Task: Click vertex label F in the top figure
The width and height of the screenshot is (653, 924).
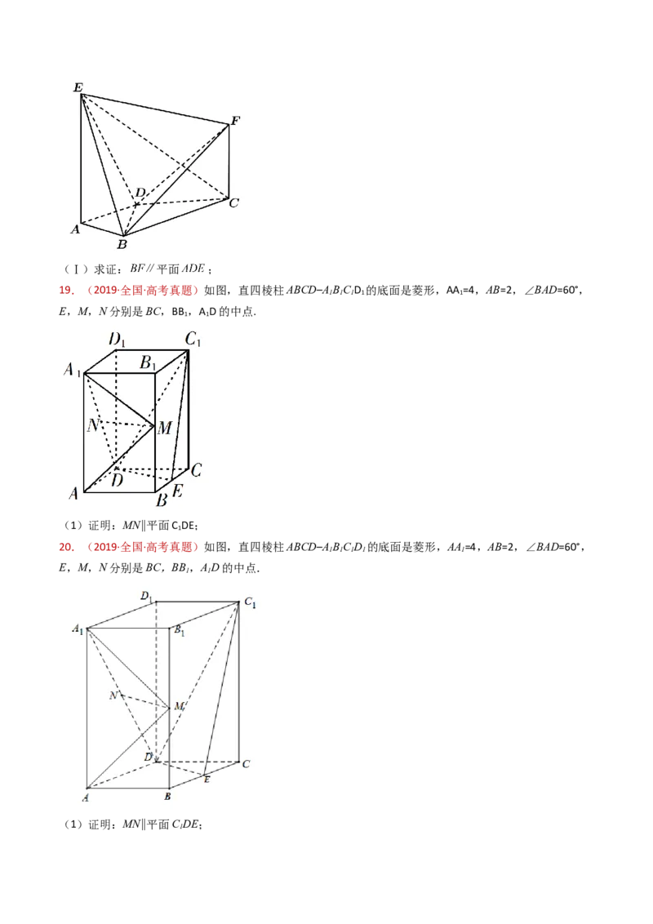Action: (x=235, y=121)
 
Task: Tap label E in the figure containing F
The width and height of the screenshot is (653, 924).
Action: (x=78, y=88)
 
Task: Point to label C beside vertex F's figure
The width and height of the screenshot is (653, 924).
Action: (x=234, y=202)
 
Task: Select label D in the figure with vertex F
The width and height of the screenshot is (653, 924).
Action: (x=140, y=192)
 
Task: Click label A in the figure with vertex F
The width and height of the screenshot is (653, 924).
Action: (x=75, y=229)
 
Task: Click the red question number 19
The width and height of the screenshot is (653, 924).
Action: (x=67, y=290)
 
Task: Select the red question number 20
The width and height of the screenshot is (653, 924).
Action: (x=67, y=547)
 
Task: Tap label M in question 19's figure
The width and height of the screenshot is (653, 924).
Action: (x=164, y=427)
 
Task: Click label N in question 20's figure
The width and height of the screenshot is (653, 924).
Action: (x=113, y=695)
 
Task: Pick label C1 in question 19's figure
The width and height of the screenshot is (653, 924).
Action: (x=193, y=340)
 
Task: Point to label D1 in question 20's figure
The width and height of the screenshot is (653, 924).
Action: (x=146, y=597)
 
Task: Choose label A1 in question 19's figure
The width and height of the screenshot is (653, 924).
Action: (x=72, y=370)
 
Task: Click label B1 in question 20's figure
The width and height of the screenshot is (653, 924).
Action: (x=179, y=631)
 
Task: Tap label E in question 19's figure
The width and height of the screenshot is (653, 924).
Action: (x=177, y=491)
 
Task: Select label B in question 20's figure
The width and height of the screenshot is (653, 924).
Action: (x=167, y=797)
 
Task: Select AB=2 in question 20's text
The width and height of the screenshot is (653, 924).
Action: (x=500, y=547)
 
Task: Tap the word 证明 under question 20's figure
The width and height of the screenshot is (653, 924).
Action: (x=100, y=824)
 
